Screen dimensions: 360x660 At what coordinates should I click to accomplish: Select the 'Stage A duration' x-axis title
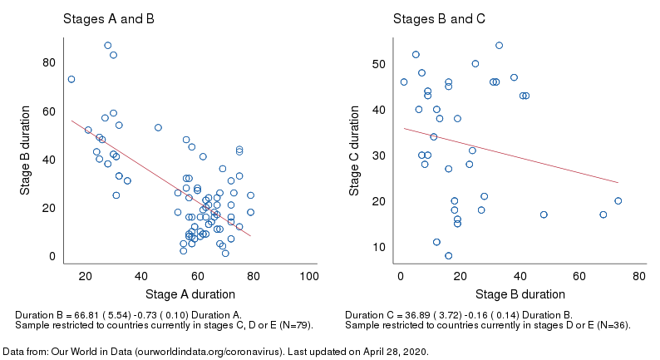tap(190, 294)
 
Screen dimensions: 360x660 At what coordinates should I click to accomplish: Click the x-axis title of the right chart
tap(520, 294)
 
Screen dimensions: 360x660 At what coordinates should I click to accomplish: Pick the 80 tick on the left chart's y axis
tap(49, 62)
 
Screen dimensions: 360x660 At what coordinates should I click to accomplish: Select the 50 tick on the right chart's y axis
tap(379, 64)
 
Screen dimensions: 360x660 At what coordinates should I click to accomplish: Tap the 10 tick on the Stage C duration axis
tap(379, 247)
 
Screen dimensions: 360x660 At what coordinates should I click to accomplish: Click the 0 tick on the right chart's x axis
tap(401, 276)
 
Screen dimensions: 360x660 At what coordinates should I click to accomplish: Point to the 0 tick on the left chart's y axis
tap(52, 256)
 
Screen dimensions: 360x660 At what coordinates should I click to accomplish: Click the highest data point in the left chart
tap(107, 46)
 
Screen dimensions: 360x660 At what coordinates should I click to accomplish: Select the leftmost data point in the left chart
tap(71, 80)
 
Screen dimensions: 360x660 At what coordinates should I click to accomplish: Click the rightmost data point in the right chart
tap(618, 201)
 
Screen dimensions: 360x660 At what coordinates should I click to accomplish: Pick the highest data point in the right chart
tap(499, 46)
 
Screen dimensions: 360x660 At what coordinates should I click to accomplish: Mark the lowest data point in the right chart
tap(448, 256)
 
